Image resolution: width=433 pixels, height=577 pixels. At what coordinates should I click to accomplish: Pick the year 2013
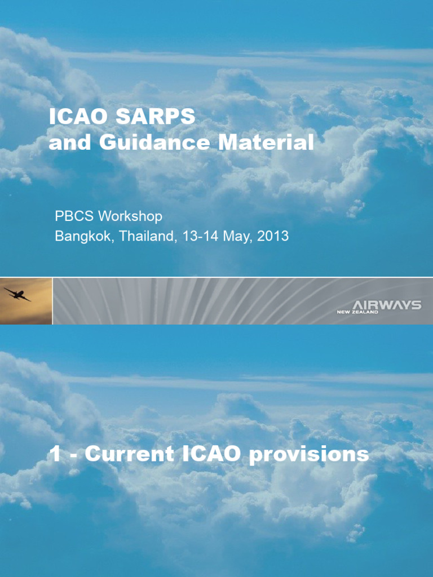[273, 236]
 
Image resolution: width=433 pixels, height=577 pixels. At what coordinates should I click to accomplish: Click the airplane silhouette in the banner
[17, 294]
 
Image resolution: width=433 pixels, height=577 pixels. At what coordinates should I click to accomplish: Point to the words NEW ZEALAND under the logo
[357, 312]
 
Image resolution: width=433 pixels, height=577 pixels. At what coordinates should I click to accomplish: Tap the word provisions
[309, 455]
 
